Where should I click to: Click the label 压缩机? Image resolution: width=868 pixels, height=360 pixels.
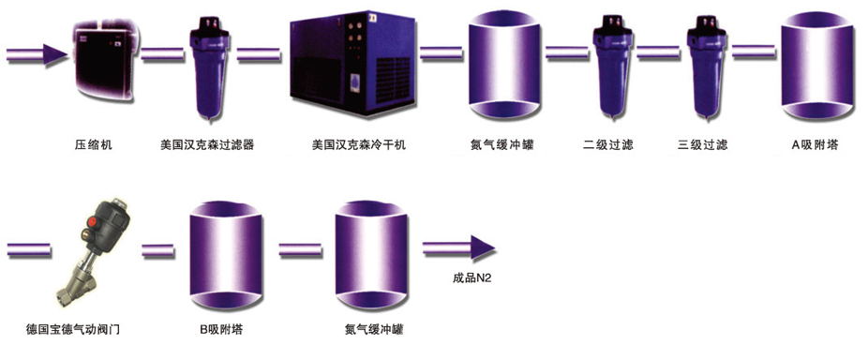click(x=94, y=145)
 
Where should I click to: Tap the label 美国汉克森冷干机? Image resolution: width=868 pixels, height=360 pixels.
click(x=359, y=145)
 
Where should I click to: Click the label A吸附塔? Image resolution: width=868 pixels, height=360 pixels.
click(x=815, y=145)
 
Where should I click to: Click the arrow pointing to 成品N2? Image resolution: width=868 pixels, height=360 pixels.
click(x=458, y=248)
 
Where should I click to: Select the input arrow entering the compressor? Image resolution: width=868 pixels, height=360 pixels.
click(x=37, y=54)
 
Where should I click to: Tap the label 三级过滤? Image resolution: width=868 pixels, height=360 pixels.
click(x=702, y=145)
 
